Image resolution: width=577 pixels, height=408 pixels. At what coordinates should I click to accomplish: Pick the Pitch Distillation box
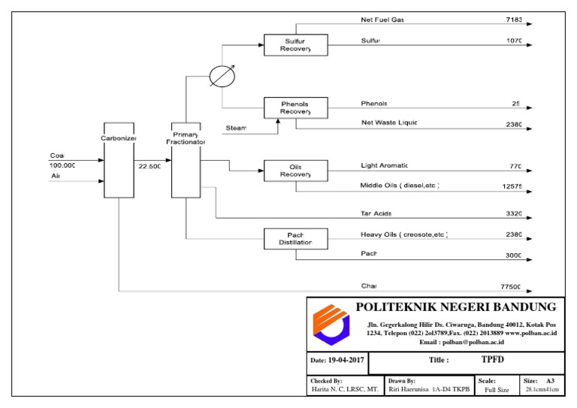295,239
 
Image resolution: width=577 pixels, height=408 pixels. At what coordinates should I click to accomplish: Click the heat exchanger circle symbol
222,77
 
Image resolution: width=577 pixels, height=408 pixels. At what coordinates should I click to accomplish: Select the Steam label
236,128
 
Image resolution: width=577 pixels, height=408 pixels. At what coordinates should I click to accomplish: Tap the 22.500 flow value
150,166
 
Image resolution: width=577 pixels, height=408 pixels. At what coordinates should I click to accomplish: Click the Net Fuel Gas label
382,19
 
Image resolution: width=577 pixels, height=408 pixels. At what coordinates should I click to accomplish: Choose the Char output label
368,286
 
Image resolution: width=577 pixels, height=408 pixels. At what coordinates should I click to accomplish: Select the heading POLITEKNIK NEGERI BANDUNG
455,307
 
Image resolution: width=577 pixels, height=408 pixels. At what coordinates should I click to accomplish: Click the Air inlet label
55,177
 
